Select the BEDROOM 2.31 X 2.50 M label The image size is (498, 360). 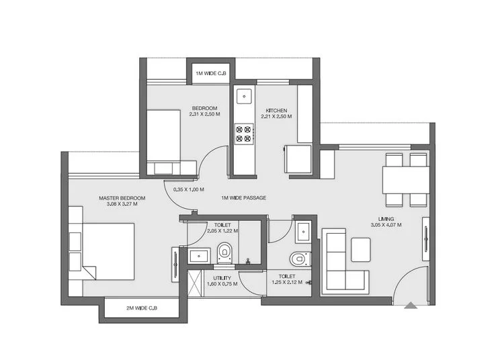[x=204, y=112]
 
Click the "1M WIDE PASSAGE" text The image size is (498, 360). [x=243, y=198]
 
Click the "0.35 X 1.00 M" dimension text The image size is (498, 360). [x=189, y=189]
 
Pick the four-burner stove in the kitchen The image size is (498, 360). [x=243, y=134]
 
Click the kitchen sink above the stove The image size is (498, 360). [x=243, y=97]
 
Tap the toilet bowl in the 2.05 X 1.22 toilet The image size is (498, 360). [x=224, y=253]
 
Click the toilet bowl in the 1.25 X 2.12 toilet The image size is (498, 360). [x=300, y=259]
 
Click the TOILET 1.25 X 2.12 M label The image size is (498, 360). [x=286, y=279]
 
